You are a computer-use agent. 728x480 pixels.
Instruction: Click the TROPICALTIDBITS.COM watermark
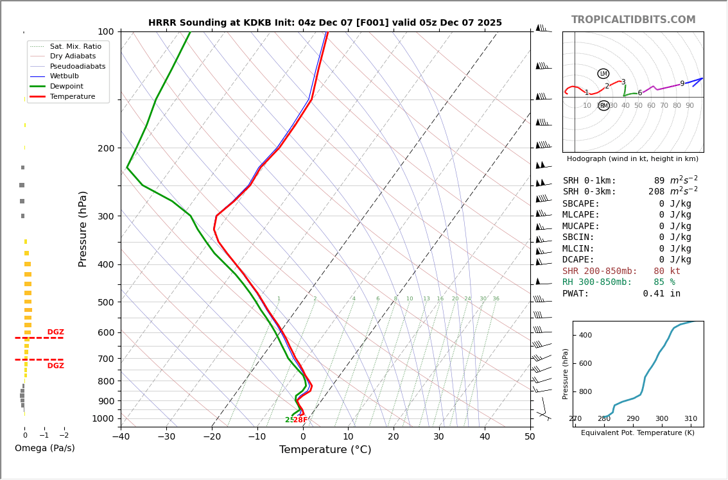pos(633,20)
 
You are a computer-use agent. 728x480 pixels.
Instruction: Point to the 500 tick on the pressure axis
pos(106,302)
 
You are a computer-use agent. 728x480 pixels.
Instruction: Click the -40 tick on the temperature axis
pos(121,437)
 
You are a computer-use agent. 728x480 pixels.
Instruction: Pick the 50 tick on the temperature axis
pos(530,437)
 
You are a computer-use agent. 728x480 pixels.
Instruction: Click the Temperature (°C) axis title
pos(325,450)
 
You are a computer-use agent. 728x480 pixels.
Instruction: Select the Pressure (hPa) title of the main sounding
pos(83,228)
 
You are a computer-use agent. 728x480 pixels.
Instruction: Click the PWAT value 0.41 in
pos(661,294)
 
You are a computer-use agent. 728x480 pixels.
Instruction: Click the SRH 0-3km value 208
pos(660,192)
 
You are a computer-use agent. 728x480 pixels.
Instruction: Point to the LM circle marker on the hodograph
pos(603,74)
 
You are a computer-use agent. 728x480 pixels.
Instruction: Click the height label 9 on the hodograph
pos(682,84)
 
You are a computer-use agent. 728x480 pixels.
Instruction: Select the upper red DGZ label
pos(55,332)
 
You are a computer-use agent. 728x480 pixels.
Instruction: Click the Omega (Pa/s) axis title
pos(44,449)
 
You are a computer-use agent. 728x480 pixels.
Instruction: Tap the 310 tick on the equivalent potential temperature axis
pos(690,419)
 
